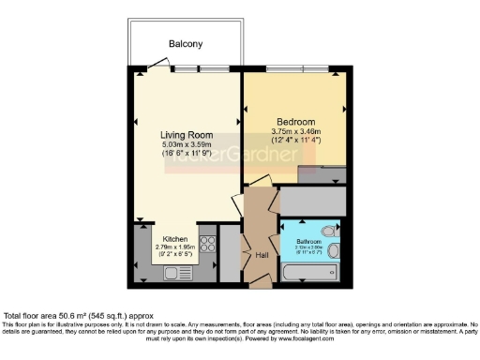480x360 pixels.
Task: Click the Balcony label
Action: coord(186,44)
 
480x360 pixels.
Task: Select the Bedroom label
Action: coord(295,120)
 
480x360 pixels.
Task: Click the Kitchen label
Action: coord(175,238)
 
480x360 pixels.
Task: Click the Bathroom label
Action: coord(310,240)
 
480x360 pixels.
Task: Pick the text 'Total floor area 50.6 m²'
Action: coord(58,317)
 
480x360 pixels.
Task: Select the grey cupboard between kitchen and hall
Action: coord(229,251)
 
